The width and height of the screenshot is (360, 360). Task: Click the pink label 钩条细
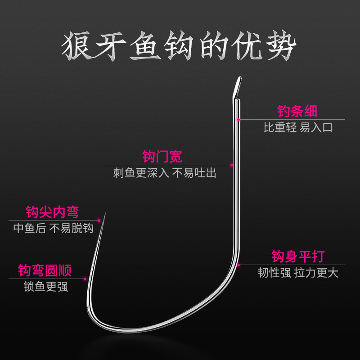[x=297, y=111]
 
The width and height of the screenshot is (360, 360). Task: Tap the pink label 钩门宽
[x=162, y=157]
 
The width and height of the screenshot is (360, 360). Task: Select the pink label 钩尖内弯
[x=52, y=212]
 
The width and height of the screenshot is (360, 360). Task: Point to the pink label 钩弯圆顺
[x=45, y=270]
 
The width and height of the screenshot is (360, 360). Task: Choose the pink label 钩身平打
[x=297, y=257]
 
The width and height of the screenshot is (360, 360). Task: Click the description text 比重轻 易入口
[x=297, y=127]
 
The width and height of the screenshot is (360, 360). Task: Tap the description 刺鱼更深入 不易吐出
[x=165, y=173]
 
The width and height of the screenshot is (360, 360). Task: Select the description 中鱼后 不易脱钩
[x=53, y=228]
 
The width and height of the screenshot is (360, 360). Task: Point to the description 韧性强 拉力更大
[x=298, y=273]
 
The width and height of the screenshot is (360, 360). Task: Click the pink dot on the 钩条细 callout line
[x=239, y=119]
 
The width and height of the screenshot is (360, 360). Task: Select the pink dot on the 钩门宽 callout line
[x=232, y=165]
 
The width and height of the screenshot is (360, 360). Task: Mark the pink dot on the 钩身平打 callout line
[x=239, y=265]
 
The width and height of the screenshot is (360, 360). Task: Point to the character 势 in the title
[x=279, y=46]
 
